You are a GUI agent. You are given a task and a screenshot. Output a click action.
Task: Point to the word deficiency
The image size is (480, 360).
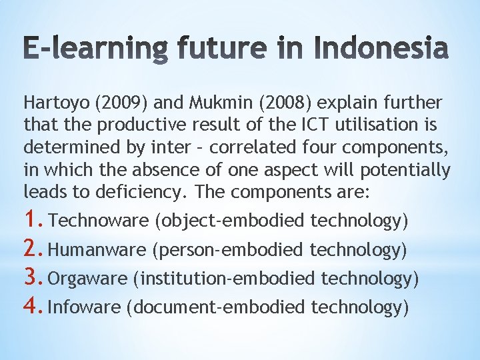click(x=141, y=193)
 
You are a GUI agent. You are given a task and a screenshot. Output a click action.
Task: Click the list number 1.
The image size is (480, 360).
click(x=35, y=220)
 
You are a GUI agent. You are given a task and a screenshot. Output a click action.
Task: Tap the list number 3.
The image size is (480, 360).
click(x=35, y=277)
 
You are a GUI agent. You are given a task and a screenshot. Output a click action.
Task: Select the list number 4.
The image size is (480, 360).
click(x=35, y=306)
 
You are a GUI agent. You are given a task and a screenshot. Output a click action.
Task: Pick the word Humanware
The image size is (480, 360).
click(x=97, y=250)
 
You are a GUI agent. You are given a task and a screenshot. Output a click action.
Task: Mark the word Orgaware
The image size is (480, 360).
click(x=88, y=279)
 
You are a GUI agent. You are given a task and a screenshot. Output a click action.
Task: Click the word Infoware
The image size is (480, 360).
click(x=85, y=307)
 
